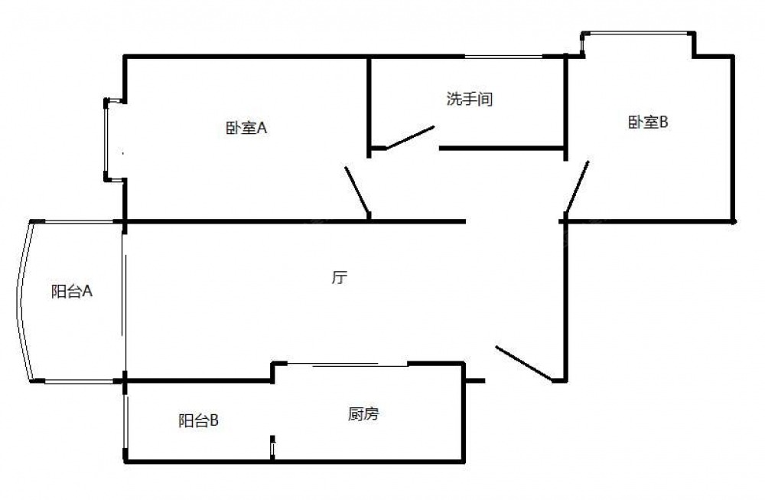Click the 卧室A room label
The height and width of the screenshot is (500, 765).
246,129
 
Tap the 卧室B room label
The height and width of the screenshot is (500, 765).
648,122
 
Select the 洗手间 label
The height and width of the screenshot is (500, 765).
469,100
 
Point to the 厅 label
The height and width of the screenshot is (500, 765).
340,278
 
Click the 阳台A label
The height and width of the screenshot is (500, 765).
72,291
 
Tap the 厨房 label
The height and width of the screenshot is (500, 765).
363,415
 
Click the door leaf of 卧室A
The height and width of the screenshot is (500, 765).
358,191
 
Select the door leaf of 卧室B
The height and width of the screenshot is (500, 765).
577,186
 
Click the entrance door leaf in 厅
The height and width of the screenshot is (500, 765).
524,363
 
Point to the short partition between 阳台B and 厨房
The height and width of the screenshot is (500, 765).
272,447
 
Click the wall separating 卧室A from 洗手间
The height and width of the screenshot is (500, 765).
370,103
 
